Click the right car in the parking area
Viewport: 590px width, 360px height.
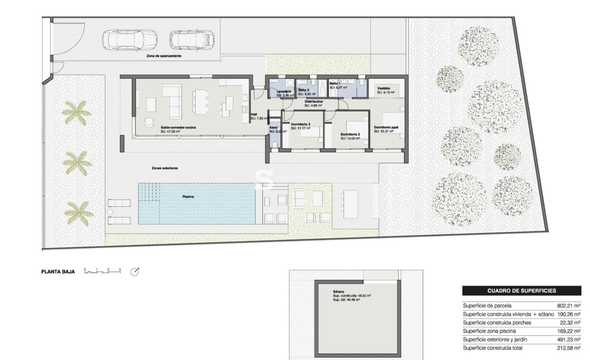tap(192, 40)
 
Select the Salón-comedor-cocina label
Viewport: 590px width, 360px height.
tap(178, 127)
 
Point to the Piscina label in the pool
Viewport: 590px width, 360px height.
tap(188, 197)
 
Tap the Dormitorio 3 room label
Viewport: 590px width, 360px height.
tap(301, 124)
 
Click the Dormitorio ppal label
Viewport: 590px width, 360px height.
tap(387, 127)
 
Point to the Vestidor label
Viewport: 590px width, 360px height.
tap(384, 88)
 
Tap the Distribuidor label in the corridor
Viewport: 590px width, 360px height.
tap(314, 101)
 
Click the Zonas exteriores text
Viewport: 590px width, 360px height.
tap(165, 168)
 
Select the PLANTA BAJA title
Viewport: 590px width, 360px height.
tap(58, 272)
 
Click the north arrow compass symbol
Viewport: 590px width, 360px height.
tap(135, 272)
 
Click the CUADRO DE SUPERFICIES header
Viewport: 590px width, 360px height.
tap(521, 291)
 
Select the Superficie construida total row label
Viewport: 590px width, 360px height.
tap(493, 348)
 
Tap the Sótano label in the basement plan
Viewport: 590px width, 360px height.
tap(332, 291)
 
